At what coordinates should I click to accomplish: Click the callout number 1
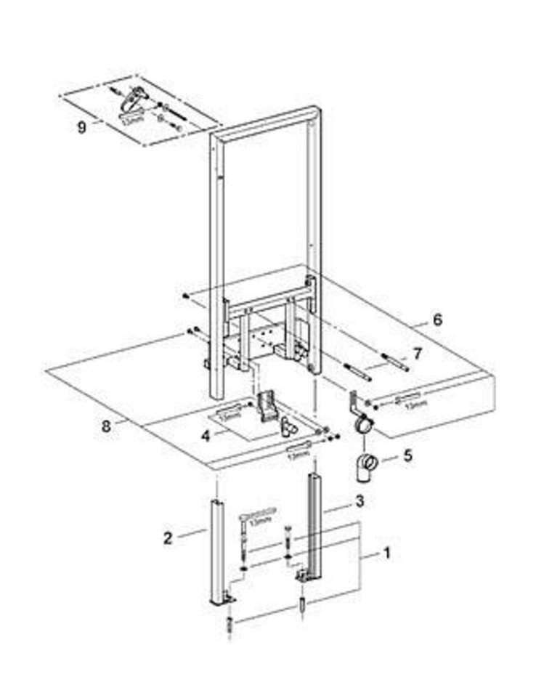coord(387,553)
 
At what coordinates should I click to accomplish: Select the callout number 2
coord(168,538)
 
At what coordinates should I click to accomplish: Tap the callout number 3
coord(360,500)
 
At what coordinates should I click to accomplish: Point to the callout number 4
coord(206,436)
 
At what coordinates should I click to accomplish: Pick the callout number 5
coord(407,458)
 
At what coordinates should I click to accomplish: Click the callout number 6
coord(437,319)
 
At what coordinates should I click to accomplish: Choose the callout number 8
coord(107,426)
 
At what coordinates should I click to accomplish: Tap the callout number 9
coord(82,126)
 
